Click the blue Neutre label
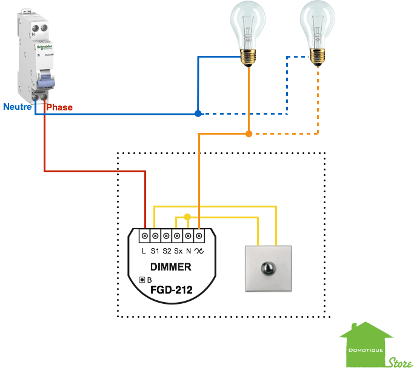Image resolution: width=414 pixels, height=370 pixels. click(17, 107)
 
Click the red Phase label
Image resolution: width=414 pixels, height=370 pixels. click(60, 107)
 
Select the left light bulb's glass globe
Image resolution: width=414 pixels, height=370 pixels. click(247, 24)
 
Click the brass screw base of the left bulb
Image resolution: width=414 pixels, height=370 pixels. click(247, 58)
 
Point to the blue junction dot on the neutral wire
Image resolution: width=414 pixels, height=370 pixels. click(198, 113)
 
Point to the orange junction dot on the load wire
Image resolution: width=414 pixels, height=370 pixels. click(249, 133)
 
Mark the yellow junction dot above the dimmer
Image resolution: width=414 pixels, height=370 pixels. click(187, 217)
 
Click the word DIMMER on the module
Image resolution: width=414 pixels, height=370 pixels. click(171, 266)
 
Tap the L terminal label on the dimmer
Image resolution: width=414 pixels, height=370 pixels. click(144, 251)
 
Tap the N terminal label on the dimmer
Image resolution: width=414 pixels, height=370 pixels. click(189, 251)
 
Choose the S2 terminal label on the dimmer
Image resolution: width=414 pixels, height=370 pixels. click(166, 251)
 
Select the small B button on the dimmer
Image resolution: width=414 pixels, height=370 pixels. click(142, 280)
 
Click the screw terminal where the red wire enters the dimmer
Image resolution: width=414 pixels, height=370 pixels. click(145, 235)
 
